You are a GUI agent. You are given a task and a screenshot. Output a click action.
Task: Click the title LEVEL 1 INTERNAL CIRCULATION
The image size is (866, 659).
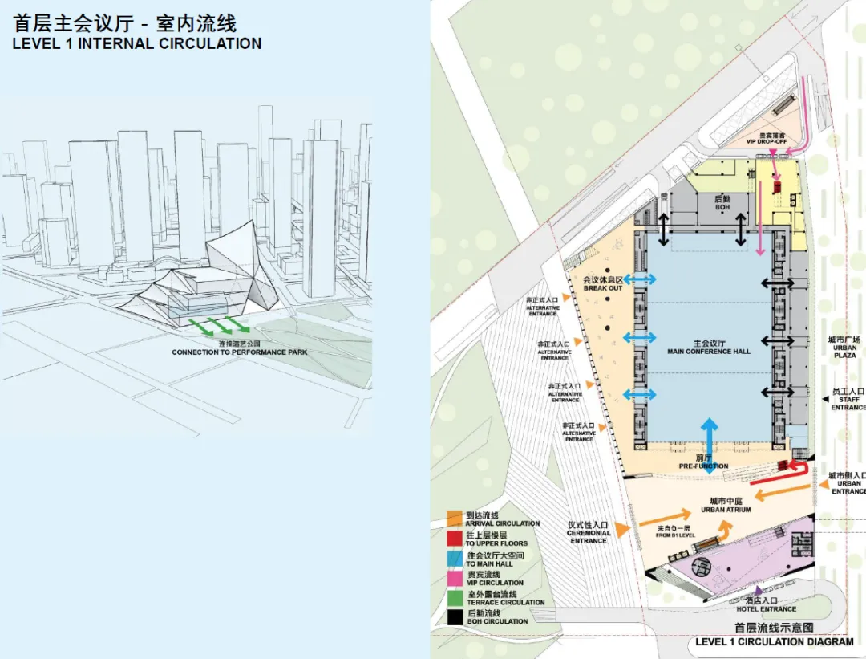tap(136, 44)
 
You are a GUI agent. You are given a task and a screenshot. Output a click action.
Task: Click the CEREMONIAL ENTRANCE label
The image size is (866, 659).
tap(589, 532)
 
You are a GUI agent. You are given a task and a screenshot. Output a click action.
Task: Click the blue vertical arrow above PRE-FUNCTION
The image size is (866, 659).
tap(710, 437)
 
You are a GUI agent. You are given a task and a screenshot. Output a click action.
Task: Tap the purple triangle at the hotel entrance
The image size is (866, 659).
tap(759, 592)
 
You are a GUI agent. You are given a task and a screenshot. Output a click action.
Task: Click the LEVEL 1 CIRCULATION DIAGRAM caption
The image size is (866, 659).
tap(774, 641)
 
